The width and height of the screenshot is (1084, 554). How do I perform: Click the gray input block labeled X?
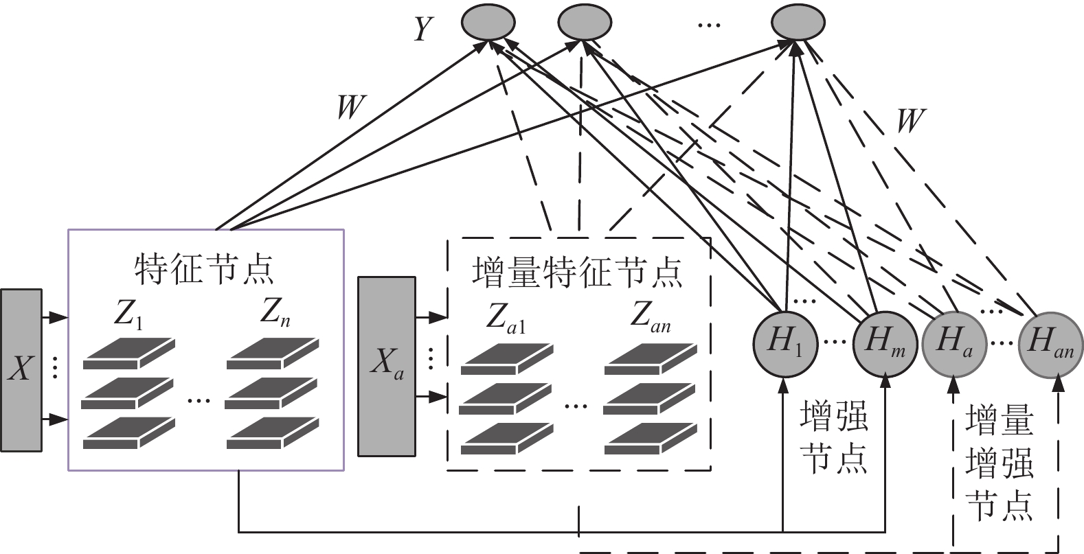click(x=21, y=370)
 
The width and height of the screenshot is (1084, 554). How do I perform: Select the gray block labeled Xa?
click(x=387, y=367)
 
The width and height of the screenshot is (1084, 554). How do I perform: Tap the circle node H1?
click(x=785, y=343)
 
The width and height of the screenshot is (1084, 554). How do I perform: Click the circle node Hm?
click(x=885, y=344)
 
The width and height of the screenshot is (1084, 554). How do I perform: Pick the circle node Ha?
click(x=953, y=344)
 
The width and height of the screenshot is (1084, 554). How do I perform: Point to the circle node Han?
click(x=1050, y=344)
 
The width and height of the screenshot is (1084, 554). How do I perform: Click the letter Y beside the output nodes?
click(x=423, y=29)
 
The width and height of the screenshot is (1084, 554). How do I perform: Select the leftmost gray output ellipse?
click(x=488, y=22)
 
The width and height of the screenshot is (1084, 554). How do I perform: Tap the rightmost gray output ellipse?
click(x=798, y=22)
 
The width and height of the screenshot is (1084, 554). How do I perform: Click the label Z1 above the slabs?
click(x=128, y=314)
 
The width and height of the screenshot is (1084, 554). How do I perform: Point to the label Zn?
click(x=275, y=313)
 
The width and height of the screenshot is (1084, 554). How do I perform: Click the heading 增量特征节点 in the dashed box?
click(x=577, y=273)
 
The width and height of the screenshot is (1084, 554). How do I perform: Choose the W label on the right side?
click(x=912, y=120)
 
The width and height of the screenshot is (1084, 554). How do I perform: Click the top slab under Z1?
click(x=128, y=354)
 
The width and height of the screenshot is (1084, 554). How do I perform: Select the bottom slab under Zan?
click(x=651, y=439)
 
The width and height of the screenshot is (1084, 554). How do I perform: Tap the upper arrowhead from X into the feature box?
click(x=59, y=318)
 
